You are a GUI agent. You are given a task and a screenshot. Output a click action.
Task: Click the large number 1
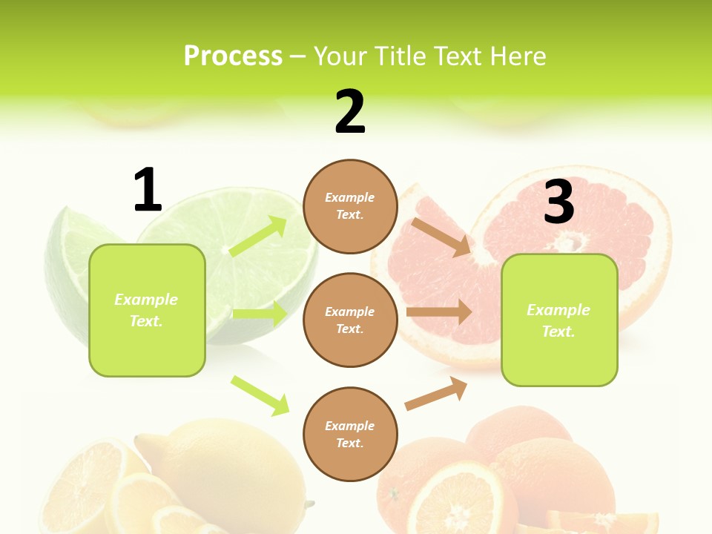[147, 190]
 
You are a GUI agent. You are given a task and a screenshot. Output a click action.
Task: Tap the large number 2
[350, 112]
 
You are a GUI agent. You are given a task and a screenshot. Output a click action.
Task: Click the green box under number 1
[147, 310]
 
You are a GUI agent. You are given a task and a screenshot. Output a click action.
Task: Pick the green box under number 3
[559, 320]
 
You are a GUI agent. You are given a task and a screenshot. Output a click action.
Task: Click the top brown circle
[350, 206]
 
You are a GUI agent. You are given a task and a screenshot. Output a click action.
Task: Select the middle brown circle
[350, 320]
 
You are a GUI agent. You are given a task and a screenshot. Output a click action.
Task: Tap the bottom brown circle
[350, 434]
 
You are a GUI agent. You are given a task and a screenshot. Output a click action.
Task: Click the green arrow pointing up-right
[259, 236]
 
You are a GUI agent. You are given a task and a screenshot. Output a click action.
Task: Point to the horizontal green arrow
[260, 314]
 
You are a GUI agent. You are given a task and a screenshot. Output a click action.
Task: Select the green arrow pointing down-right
[260, 395]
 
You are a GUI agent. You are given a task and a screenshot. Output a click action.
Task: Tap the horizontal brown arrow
[439, 312]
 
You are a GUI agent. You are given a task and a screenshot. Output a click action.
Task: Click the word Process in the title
[233, 56]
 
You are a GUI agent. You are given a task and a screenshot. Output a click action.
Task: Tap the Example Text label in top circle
[350, 206]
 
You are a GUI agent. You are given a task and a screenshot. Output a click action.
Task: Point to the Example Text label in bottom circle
[350, 434]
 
